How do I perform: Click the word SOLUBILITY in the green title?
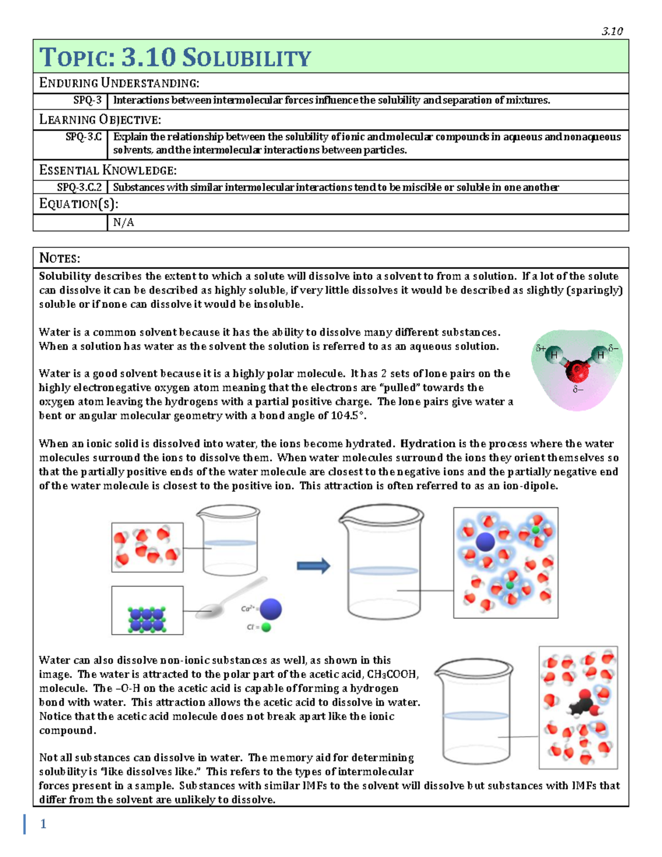click(247, 57)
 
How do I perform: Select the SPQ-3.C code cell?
click(83, 137)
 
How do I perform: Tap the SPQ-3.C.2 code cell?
click(79, 187)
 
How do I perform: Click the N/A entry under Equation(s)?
click(124, 222)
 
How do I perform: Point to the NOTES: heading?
click(60, 258)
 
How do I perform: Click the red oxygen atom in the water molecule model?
click(576, 370)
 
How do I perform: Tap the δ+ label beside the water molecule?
click(541, 348)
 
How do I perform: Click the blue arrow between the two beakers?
click(313, 566)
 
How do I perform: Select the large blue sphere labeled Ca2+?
click(271, 609)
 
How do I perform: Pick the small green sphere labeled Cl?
click(266, 627)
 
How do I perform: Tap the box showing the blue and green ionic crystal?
click(147, 610)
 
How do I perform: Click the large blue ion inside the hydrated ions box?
click(485, 542)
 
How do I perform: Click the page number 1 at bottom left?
click(43, 824)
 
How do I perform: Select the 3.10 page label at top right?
click(612, 31)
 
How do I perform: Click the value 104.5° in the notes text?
click(348, 416)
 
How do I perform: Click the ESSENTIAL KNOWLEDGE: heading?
click(108, 170)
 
